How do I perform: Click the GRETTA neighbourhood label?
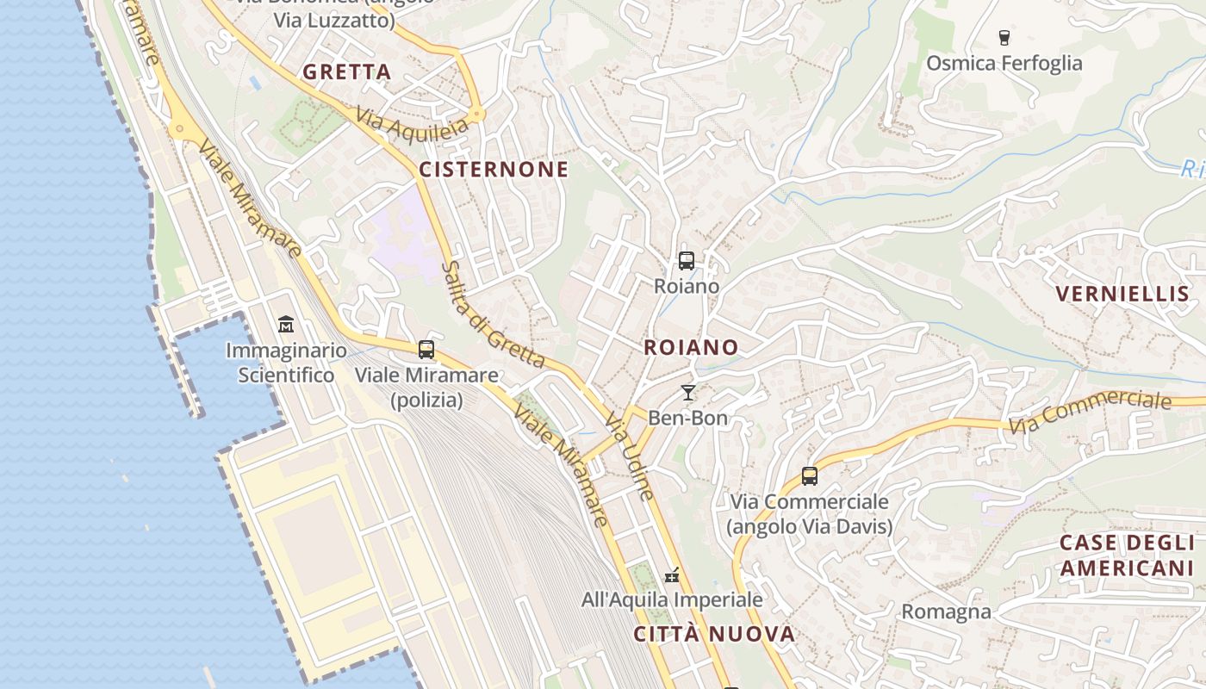[x=346, y=72]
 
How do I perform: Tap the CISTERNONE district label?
[x=494, y=170]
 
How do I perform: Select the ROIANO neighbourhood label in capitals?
[x=691, y=347]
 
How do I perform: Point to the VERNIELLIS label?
[x=1122, y=294]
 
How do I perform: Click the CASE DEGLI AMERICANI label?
[x=1127, y=556]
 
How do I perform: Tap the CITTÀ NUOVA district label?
[x=714, y=635]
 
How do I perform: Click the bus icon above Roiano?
[x=687, y=260]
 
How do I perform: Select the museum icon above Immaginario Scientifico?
[x=286, y=325]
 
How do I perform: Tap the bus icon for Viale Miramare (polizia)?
[x=426, y=350]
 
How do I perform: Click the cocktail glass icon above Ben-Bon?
[x=687, y=393]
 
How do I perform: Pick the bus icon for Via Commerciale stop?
[x=810, y=475]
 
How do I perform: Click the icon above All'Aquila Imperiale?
[x=672, y=574]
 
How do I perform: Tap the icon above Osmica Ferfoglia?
[x=1004, y=37]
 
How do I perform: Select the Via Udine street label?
[x=630, y=455]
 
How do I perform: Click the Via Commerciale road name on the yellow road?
[x=1090, y=413]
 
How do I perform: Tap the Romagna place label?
[x=946, y=612]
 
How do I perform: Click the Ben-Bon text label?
[x=687, y=419]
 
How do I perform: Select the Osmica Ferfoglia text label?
[x=1004, y=63]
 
